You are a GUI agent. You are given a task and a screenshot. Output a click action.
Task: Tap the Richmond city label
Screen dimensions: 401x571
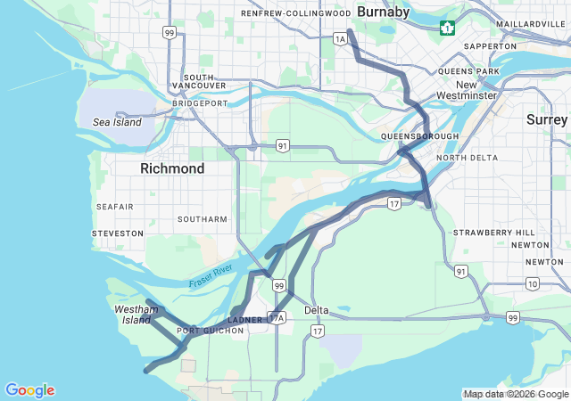coord(172,168)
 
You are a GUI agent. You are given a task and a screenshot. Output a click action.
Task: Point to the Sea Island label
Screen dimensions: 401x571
coord(117,122)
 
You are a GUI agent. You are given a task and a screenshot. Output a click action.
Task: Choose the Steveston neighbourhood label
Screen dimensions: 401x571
coord(117,233)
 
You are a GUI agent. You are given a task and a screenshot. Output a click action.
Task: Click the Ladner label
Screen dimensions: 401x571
coord(245,319)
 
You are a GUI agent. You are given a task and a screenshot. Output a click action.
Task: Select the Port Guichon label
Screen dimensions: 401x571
coord(211,331)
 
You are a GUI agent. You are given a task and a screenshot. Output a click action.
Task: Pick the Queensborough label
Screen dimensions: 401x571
coord(419,135)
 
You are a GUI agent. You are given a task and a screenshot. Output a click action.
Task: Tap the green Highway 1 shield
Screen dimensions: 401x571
coord(446,29)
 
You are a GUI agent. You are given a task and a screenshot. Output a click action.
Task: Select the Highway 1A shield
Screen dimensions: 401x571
coord(339,38)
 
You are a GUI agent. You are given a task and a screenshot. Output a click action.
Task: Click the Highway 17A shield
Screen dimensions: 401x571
coord(277,317)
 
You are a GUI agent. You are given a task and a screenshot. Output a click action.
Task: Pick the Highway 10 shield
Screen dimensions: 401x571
coord(533,283)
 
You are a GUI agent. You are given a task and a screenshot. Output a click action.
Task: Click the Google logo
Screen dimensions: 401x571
coord(29,390)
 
